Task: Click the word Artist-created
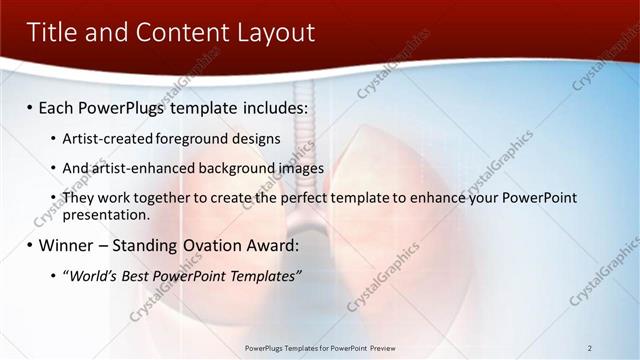[x=107, y=139]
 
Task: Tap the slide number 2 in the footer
[x=590, y=347]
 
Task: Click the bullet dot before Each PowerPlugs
[x=31, y=106]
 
